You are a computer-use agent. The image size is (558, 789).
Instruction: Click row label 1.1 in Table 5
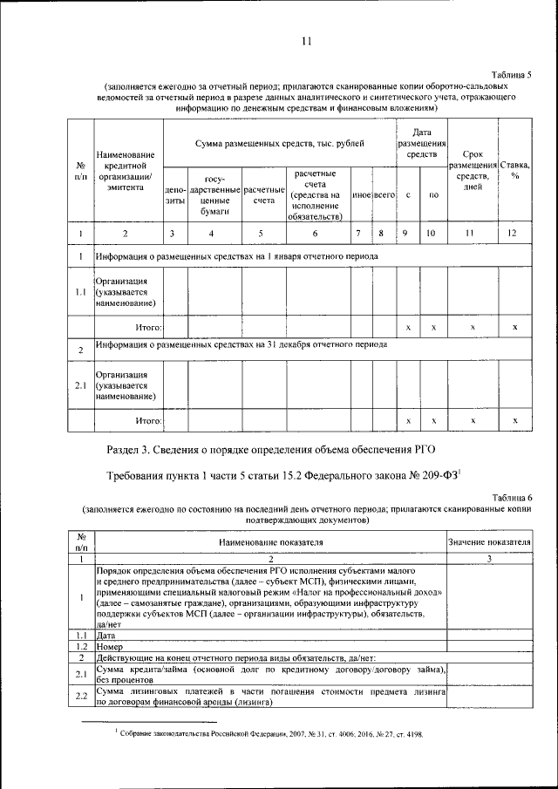click(x=80, y=292)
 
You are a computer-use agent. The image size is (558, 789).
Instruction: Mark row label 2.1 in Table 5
click(x=80, y=384)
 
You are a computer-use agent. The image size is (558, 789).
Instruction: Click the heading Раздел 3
click(x=269, y=449)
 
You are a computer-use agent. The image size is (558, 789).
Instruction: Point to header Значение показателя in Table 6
click(x=489, y=541)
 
